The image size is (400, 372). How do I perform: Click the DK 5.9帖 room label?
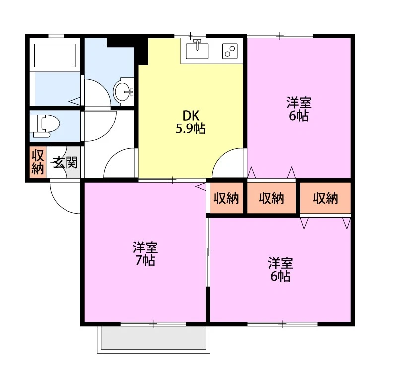(191, 123)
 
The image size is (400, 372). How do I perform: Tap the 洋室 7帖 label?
(145, 253)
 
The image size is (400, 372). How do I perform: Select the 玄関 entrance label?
(65, 162)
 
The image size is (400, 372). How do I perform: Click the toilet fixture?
(44, 125)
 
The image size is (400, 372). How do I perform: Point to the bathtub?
(55, 56)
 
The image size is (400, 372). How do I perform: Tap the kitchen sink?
(197, 51)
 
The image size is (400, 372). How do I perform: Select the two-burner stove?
(230, 51)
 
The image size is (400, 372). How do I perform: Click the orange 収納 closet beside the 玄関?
(38, 162)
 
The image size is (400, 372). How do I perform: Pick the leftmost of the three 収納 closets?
(226, 198)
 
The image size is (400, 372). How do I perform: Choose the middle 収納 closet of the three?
(271, 198)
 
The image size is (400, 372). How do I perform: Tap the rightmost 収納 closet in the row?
(326, 198)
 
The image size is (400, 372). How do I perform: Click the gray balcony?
(153, 338)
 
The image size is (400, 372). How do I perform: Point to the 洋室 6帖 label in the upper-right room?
(299, 109)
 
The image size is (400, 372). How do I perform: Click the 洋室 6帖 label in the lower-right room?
(280, 270)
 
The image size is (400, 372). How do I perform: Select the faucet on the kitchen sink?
(197, 44)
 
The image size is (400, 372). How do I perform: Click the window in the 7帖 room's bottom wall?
(153, 324)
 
